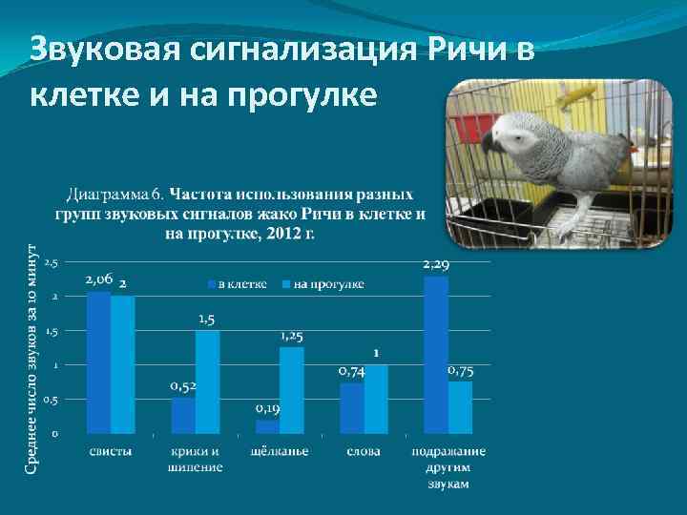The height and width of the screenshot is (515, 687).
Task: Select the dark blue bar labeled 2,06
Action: [x=99, y=362]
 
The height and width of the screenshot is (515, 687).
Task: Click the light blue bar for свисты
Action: [x=123, y=364]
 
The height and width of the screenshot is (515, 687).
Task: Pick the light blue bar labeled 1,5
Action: [x=207, y=381]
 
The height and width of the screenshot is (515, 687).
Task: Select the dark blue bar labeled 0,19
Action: [x=268, y=426]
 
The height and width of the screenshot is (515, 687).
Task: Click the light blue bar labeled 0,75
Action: [x=460, y=407]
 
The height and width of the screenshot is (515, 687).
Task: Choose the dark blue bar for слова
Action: [x=352, y=408]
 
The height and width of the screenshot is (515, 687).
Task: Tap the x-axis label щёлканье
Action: [x=280, y=450]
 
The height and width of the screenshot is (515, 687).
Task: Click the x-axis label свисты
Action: [x=111, y=450]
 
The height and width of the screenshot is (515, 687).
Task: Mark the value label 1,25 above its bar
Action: [x=292, y=337]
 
